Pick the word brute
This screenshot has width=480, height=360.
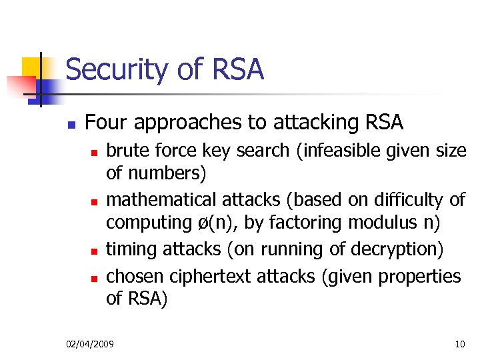coord(125,151)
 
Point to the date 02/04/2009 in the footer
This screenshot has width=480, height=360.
coord(90,344)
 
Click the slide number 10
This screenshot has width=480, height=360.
coord(459,344)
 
